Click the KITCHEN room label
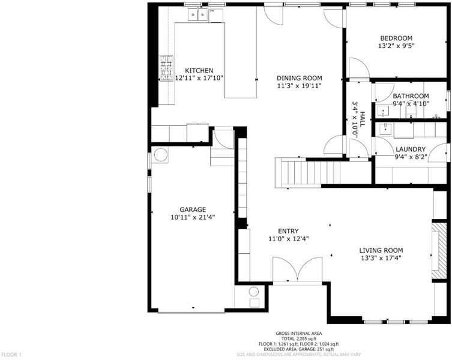[x=199, y=71]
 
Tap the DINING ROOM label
[x=299, y=78]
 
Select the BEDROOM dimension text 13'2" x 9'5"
[x=396, y=46]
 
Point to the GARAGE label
[x=193, y=209]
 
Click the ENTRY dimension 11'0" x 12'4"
[x=289, y=239]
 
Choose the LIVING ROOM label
[x=381, y=250]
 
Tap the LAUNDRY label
[x=411, y=149]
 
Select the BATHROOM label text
[x=411, y=96]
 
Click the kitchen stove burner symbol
[x=167, y=68]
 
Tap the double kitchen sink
[x=197, y=14]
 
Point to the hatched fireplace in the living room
[x=439, y=250]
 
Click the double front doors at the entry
[x=298, y=269]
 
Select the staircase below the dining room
[x=323, y=172]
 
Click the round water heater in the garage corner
[x=160, y=155]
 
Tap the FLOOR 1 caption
[x=11, y=354]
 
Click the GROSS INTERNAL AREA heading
[x=299, y=334]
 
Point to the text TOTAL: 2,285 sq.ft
[x=299, y=338]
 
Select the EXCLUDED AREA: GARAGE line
[x=299, y=349]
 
